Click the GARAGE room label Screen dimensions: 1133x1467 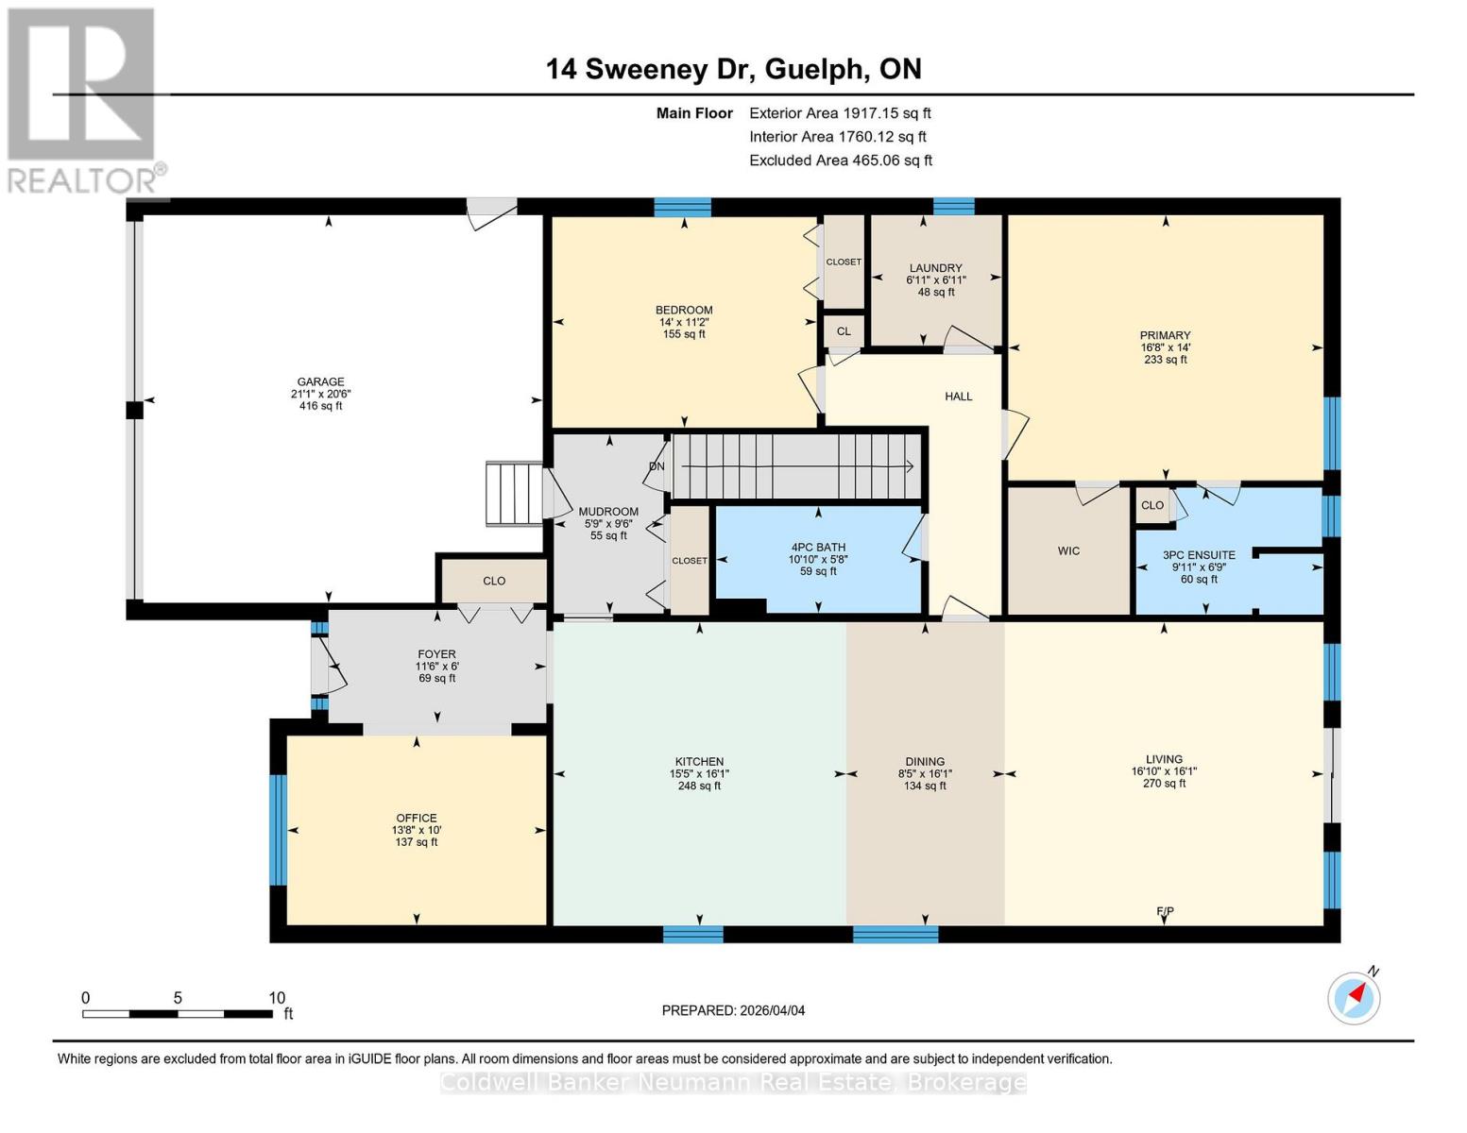point(320,382)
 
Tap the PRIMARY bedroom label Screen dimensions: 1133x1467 point(1165,335)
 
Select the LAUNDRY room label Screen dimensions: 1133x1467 point(935,268)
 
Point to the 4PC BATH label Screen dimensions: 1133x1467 point(818,547)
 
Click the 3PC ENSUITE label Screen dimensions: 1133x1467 point(1198,555)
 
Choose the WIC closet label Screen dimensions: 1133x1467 point(1068,550)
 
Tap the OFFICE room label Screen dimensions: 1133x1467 point(416,819)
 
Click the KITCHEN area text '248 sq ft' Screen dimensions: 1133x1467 point(699,786)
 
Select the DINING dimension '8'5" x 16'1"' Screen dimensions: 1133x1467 point(924,773)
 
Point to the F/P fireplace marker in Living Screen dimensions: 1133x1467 point(1165,911)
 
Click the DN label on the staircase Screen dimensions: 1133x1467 point(657,466)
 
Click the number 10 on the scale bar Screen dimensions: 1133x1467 point(276,998)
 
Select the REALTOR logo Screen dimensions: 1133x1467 point(83,99)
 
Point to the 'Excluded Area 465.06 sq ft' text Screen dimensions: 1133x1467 point(840,161)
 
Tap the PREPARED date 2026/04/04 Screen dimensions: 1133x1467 point(733,1010)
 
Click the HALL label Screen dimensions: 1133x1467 point(958,397)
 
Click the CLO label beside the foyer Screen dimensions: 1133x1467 point(494,581)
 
